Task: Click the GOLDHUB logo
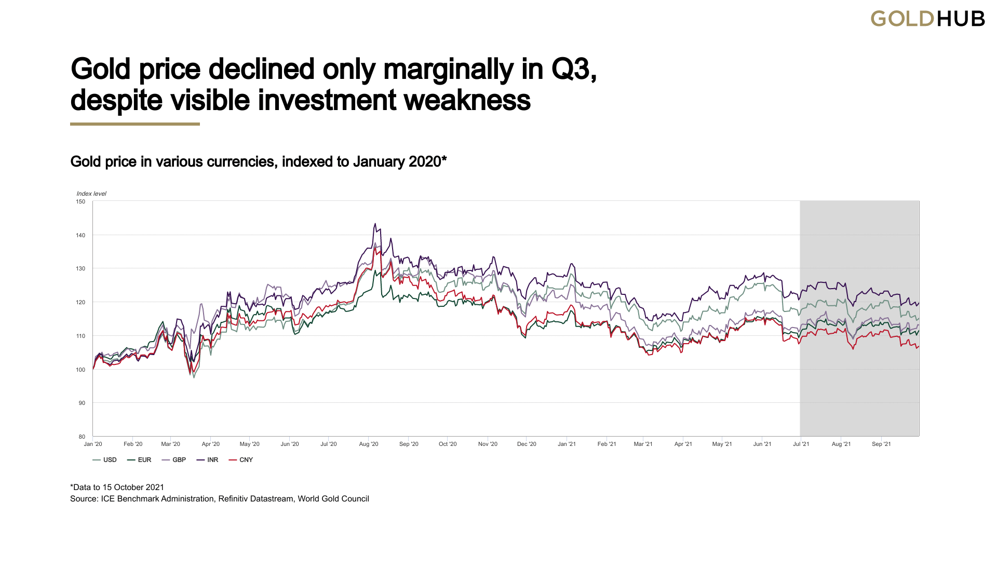click(927, 19)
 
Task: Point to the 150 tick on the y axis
click(80, 201)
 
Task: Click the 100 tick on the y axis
click(80, 370)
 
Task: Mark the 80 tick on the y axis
click(82, 437)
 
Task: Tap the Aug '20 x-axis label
click(369, 444)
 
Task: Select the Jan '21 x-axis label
click(567, 444)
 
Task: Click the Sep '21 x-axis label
click(881, 444)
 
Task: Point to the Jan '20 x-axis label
click(93, 444)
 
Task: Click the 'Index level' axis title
click(91, 194)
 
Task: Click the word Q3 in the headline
click(573, 69)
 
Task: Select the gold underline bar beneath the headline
click(135, 124)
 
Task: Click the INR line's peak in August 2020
click(375, 224)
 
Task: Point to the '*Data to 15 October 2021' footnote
click(117, 487)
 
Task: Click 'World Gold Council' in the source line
click(333, 499)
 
